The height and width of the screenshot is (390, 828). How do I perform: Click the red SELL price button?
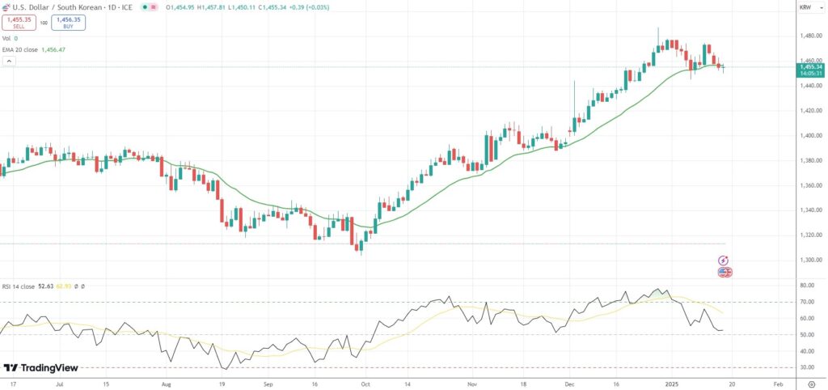pyautogui.click(x=19, y=23)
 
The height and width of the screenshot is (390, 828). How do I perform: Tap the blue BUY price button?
pyautogui.click(x=68, y=23)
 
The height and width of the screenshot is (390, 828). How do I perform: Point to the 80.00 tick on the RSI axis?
pyautogui.click(x=806, y=286)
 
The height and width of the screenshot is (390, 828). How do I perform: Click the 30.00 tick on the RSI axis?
pyautogui.click(x=806, y=367)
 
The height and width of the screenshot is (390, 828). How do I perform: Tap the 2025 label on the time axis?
pyautogui.click(x=671, y=385)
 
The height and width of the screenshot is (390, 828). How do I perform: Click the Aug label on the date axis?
pyautogui.click(x=166, y=385)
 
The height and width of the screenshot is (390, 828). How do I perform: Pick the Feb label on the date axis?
pyautogui.click(x=778, y=385)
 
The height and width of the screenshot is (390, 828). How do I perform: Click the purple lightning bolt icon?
pyautogui.click(x=724, y=261)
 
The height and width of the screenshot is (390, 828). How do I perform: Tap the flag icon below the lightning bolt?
pyautogui.click(x=724, y=272)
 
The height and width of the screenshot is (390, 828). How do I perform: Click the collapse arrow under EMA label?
pyautogui.click(x=6, y=60)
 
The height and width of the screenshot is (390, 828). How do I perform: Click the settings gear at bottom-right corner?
pyautogui.click(x=812, y=385)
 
